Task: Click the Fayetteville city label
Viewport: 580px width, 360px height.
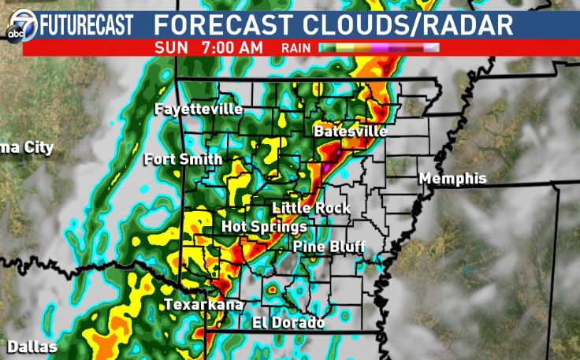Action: click(199, 109)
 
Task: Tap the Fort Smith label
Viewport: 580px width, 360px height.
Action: click(183, 159)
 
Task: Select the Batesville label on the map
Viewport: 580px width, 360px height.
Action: click(350, 132)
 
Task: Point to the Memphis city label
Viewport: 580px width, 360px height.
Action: click(452, 179)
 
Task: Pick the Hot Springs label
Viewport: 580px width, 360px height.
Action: click(264, 227)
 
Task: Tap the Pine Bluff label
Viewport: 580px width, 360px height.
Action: click(329, 247)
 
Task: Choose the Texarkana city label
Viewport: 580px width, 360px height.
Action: click(203, 305)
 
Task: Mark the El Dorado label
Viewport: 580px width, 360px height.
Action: click(288, 322)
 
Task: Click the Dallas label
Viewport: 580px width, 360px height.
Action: click(32, 347)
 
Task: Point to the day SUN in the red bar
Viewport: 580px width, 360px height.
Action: click(172, 47)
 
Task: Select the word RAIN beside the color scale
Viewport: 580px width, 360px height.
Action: click(296, 48)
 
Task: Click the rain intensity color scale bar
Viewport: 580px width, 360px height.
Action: click(378, 48)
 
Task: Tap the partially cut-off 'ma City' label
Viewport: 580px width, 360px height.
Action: click(27, 147)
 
